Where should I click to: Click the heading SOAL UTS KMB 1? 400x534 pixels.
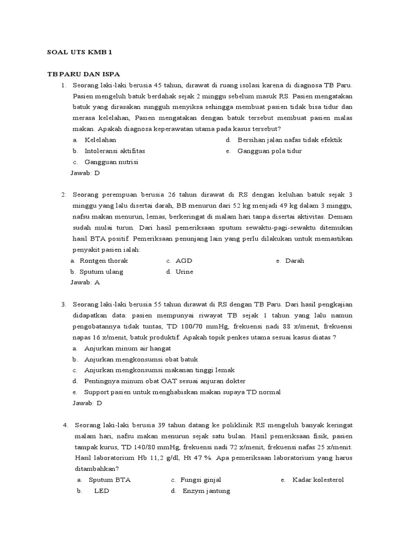[x=79, y=52]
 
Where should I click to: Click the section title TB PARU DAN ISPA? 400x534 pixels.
[x=84, y=74]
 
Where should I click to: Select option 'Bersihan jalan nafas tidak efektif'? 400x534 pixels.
[x=290, y=140]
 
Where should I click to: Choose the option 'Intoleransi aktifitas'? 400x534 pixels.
[x=115, y=151]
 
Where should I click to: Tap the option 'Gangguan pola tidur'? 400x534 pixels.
[x=269, y=151]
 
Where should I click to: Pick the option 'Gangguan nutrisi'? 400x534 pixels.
[x=111, y=162]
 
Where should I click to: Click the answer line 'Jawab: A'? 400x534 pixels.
[x=84, y=282]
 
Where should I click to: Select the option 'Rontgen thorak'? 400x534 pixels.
[x=103, y=260]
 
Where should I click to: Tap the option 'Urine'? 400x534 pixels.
[x=184, y=271]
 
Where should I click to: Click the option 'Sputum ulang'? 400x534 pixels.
[x=101, y=271]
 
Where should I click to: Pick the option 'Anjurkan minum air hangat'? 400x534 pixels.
[x=127, y=348]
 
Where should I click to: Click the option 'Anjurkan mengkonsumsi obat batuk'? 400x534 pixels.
[x=141, y=359]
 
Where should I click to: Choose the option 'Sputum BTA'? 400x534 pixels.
[x=109, y=480]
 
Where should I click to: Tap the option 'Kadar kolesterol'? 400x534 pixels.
[x=318, y=480]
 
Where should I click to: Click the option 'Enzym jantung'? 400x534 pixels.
[x=206, y=491]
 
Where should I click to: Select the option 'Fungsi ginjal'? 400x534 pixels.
[x=204, y=480]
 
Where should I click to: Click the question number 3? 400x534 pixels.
[x=63, y=304]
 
